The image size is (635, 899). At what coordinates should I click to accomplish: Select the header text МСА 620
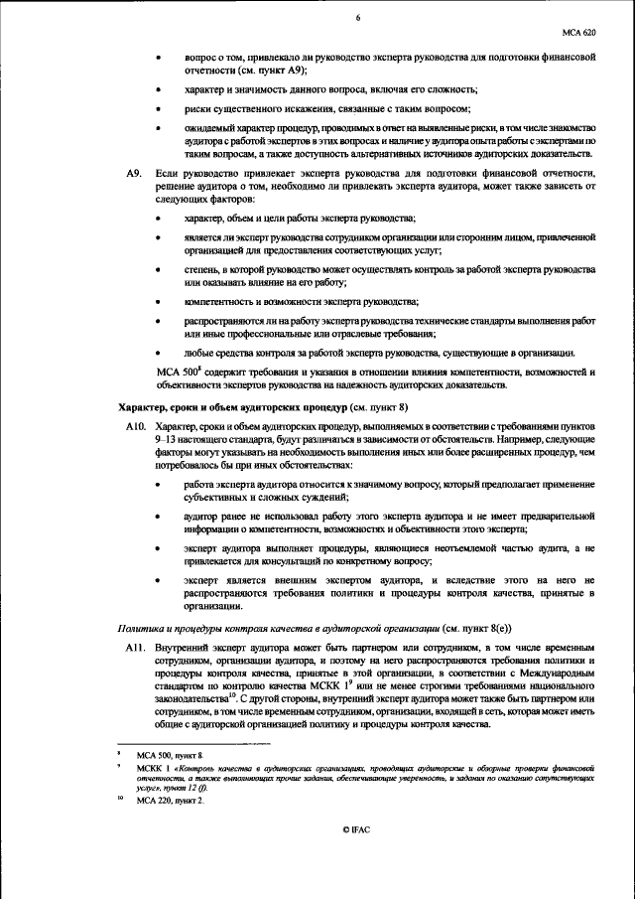click(581, 32)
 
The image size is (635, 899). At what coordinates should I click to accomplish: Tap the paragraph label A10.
click(136, 425)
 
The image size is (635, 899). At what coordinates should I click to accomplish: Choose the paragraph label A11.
click(136, 647)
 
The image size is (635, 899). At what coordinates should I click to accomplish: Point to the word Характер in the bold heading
click(142, 407)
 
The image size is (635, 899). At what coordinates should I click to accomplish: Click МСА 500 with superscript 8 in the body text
click(180, 373)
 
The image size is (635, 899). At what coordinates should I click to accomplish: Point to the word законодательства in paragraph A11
click(192, 698)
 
